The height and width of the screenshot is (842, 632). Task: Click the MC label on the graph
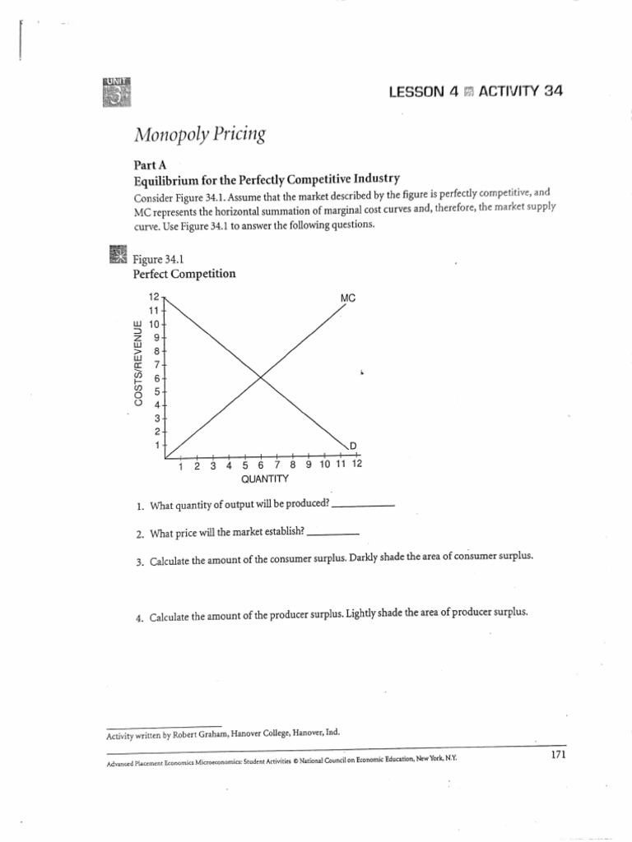pyautogui.click(x=347, y=297)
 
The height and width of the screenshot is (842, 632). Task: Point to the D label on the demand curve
pyautogui.click(x=353, y=446)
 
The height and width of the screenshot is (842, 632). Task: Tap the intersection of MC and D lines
pyautogui.click(x=260, y=377)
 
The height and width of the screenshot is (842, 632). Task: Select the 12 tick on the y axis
pyautogui.click(x=153, y=297)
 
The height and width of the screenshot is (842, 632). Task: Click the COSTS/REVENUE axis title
pyautogui.click(x=139, y=363)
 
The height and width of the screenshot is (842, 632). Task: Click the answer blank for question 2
pyautogui.click(x=332, y=534)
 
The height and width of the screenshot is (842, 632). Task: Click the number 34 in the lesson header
pyautogui.click(x=552, y=91)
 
